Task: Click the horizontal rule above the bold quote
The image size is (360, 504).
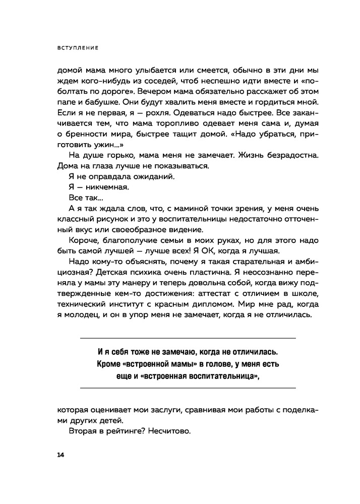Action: [188, 338]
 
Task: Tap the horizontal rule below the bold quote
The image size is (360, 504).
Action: [188, 388]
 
